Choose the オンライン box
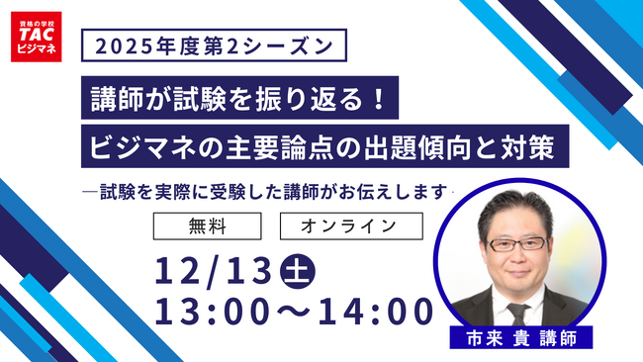click(351, 226)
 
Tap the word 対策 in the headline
click(538, 151)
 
